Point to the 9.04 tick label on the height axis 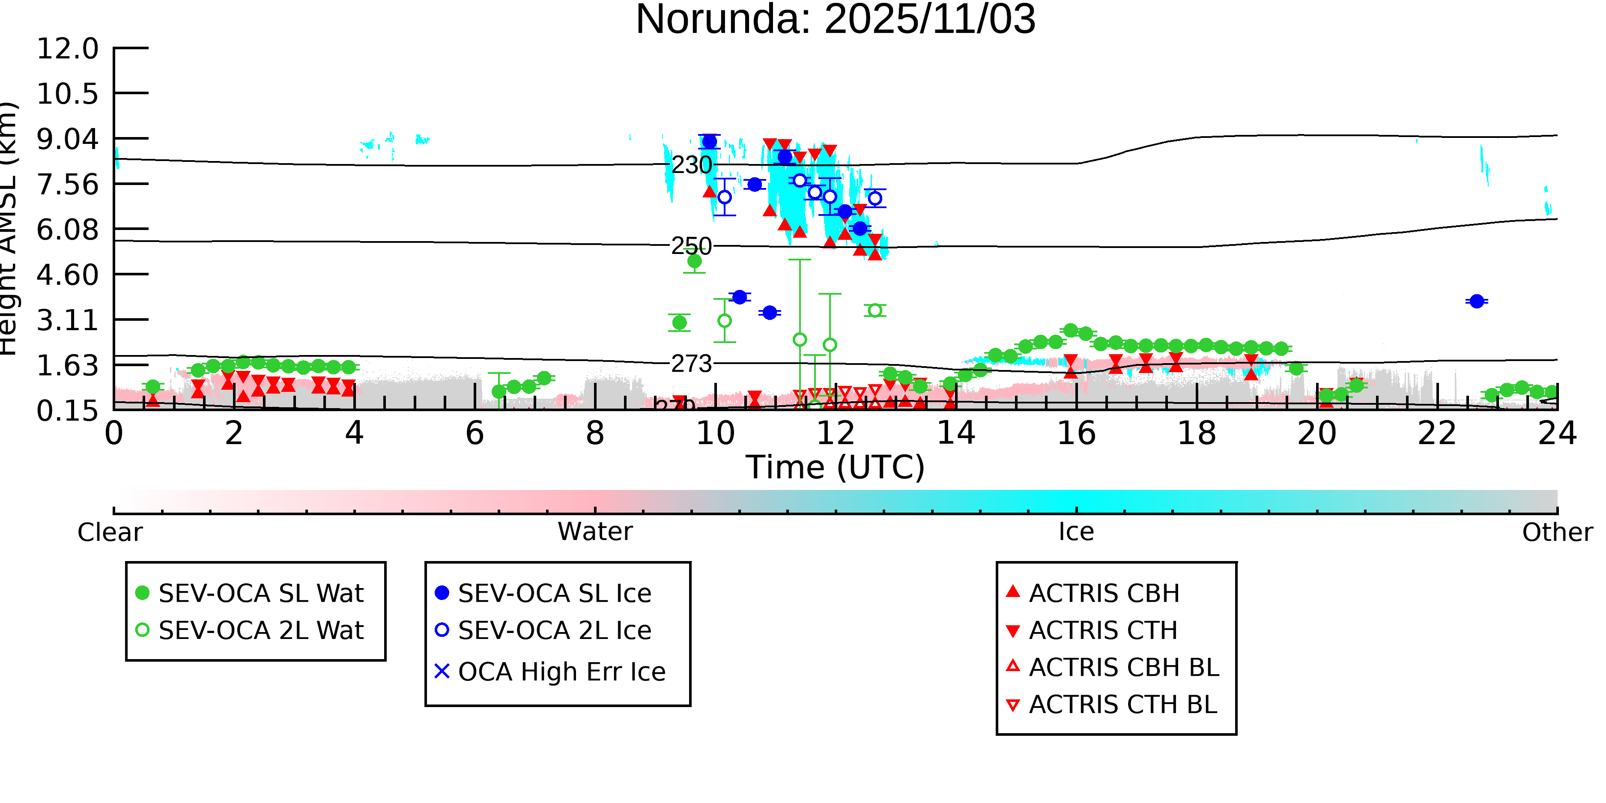(x=67, y=139)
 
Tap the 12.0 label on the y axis (x=67, y=49)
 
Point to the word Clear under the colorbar (x=110, y=532)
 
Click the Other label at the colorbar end (x=1557, y=532)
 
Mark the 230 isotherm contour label (x=691, y=165)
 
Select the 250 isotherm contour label (x=691, y=246)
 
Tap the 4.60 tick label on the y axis (x=67, y=275)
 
